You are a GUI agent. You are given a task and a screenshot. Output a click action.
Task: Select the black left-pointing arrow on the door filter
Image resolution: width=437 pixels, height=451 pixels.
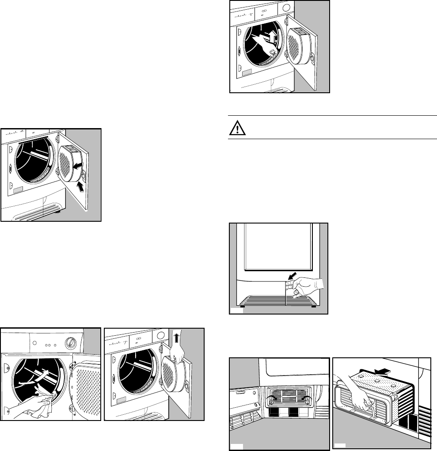coord(78,165)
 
